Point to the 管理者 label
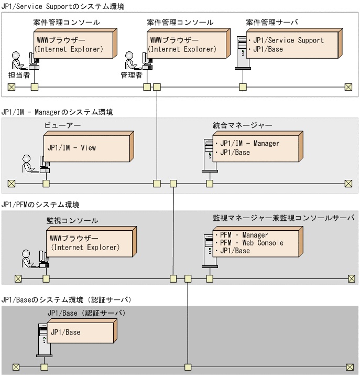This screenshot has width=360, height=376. pyautogui.click(x=132, y=75)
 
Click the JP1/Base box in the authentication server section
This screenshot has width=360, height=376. pyautogui.click(x=81, y=333)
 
